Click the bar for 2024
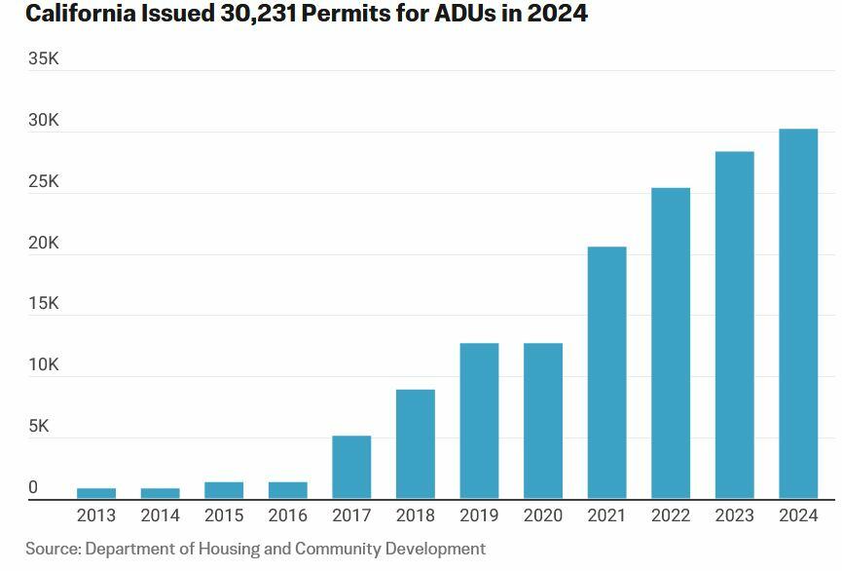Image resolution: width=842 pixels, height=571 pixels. (x=798, y=314)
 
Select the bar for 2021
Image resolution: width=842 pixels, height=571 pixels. (x=606, y=372)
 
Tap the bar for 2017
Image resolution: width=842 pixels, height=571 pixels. (x=351, y=467)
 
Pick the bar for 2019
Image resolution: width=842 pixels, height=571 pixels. (x=479, y=421)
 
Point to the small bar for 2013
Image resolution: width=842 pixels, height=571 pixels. (x=96, y=493)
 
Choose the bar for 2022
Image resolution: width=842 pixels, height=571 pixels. (x=671, y=343)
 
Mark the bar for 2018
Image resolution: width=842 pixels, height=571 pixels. (x=416, y=444)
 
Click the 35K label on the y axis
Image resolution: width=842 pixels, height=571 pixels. (x=44, y=58)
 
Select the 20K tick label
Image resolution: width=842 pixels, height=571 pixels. (x=44, y=243)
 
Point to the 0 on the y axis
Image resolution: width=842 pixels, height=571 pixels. (x=33, y=487)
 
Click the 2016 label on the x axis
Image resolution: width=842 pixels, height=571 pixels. (x=287, y=516)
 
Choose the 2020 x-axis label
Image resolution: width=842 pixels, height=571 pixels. (x=543, y=516)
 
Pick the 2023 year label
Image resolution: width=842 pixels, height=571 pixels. (x=734, y=516)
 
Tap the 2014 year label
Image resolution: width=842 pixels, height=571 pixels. (x=160, y=516)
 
